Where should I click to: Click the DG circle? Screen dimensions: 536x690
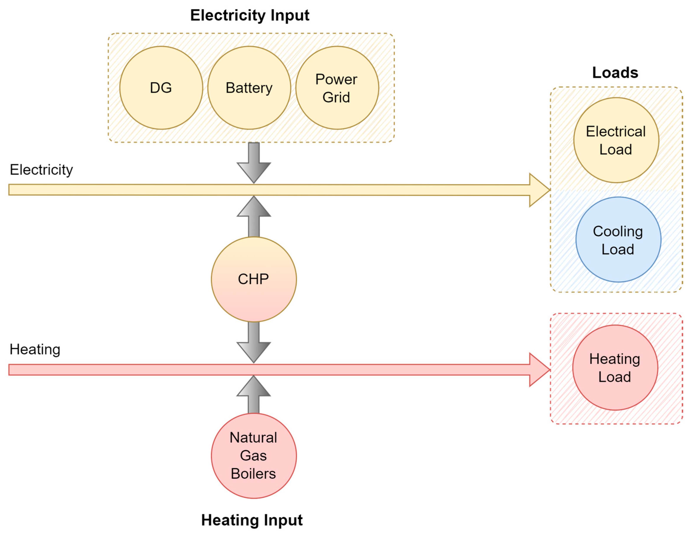161,88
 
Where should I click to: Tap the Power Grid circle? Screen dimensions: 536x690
337,88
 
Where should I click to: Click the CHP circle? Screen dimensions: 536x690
253,279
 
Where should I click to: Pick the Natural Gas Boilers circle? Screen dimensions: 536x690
253,455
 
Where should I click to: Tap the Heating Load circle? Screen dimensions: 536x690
615,368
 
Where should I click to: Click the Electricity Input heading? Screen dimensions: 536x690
250,15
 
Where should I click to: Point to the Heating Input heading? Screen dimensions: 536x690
252,520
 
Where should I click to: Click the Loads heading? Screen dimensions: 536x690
615,73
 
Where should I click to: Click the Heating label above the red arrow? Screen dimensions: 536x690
35,349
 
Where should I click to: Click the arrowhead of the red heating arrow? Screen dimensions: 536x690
539,370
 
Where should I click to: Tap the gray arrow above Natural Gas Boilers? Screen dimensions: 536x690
254,395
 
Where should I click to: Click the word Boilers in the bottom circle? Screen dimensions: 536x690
253,474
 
